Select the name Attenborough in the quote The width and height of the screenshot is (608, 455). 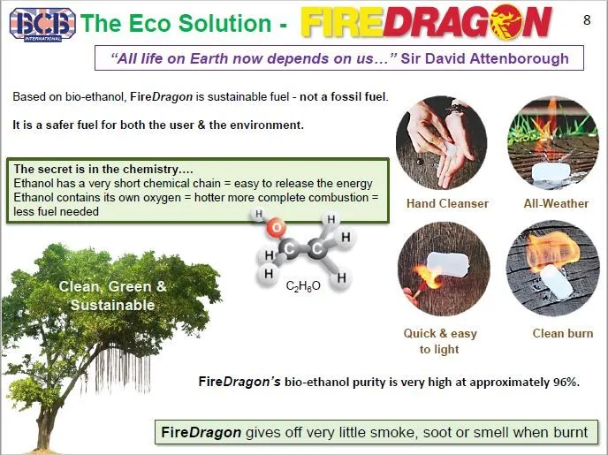point(520,59)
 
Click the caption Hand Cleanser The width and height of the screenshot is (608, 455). point(447,203)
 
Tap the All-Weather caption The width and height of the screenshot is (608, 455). point(556,203)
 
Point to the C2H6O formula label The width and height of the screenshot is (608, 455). point(303,285)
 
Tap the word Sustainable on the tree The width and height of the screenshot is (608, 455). point(113,305)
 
